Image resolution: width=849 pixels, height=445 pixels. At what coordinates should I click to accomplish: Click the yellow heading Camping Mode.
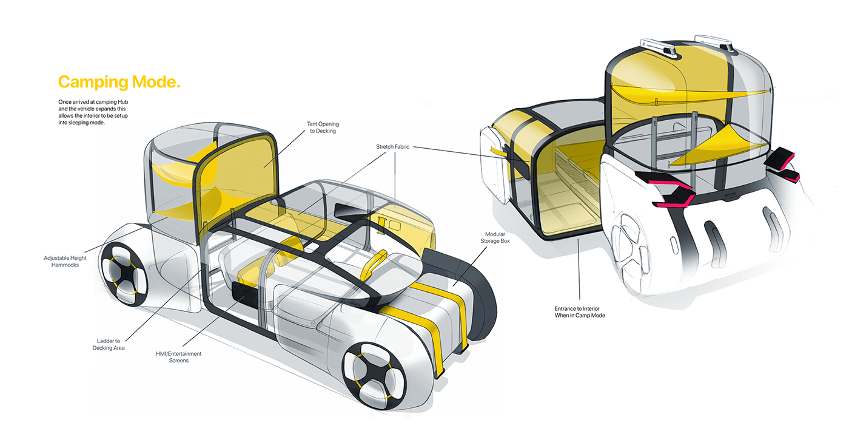coord(119,83)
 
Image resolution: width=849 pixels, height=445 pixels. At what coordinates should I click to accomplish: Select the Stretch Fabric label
coord(393,146)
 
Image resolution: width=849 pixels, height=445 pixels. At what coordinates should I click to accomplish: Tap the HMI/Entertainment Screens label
coord(179,357)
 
